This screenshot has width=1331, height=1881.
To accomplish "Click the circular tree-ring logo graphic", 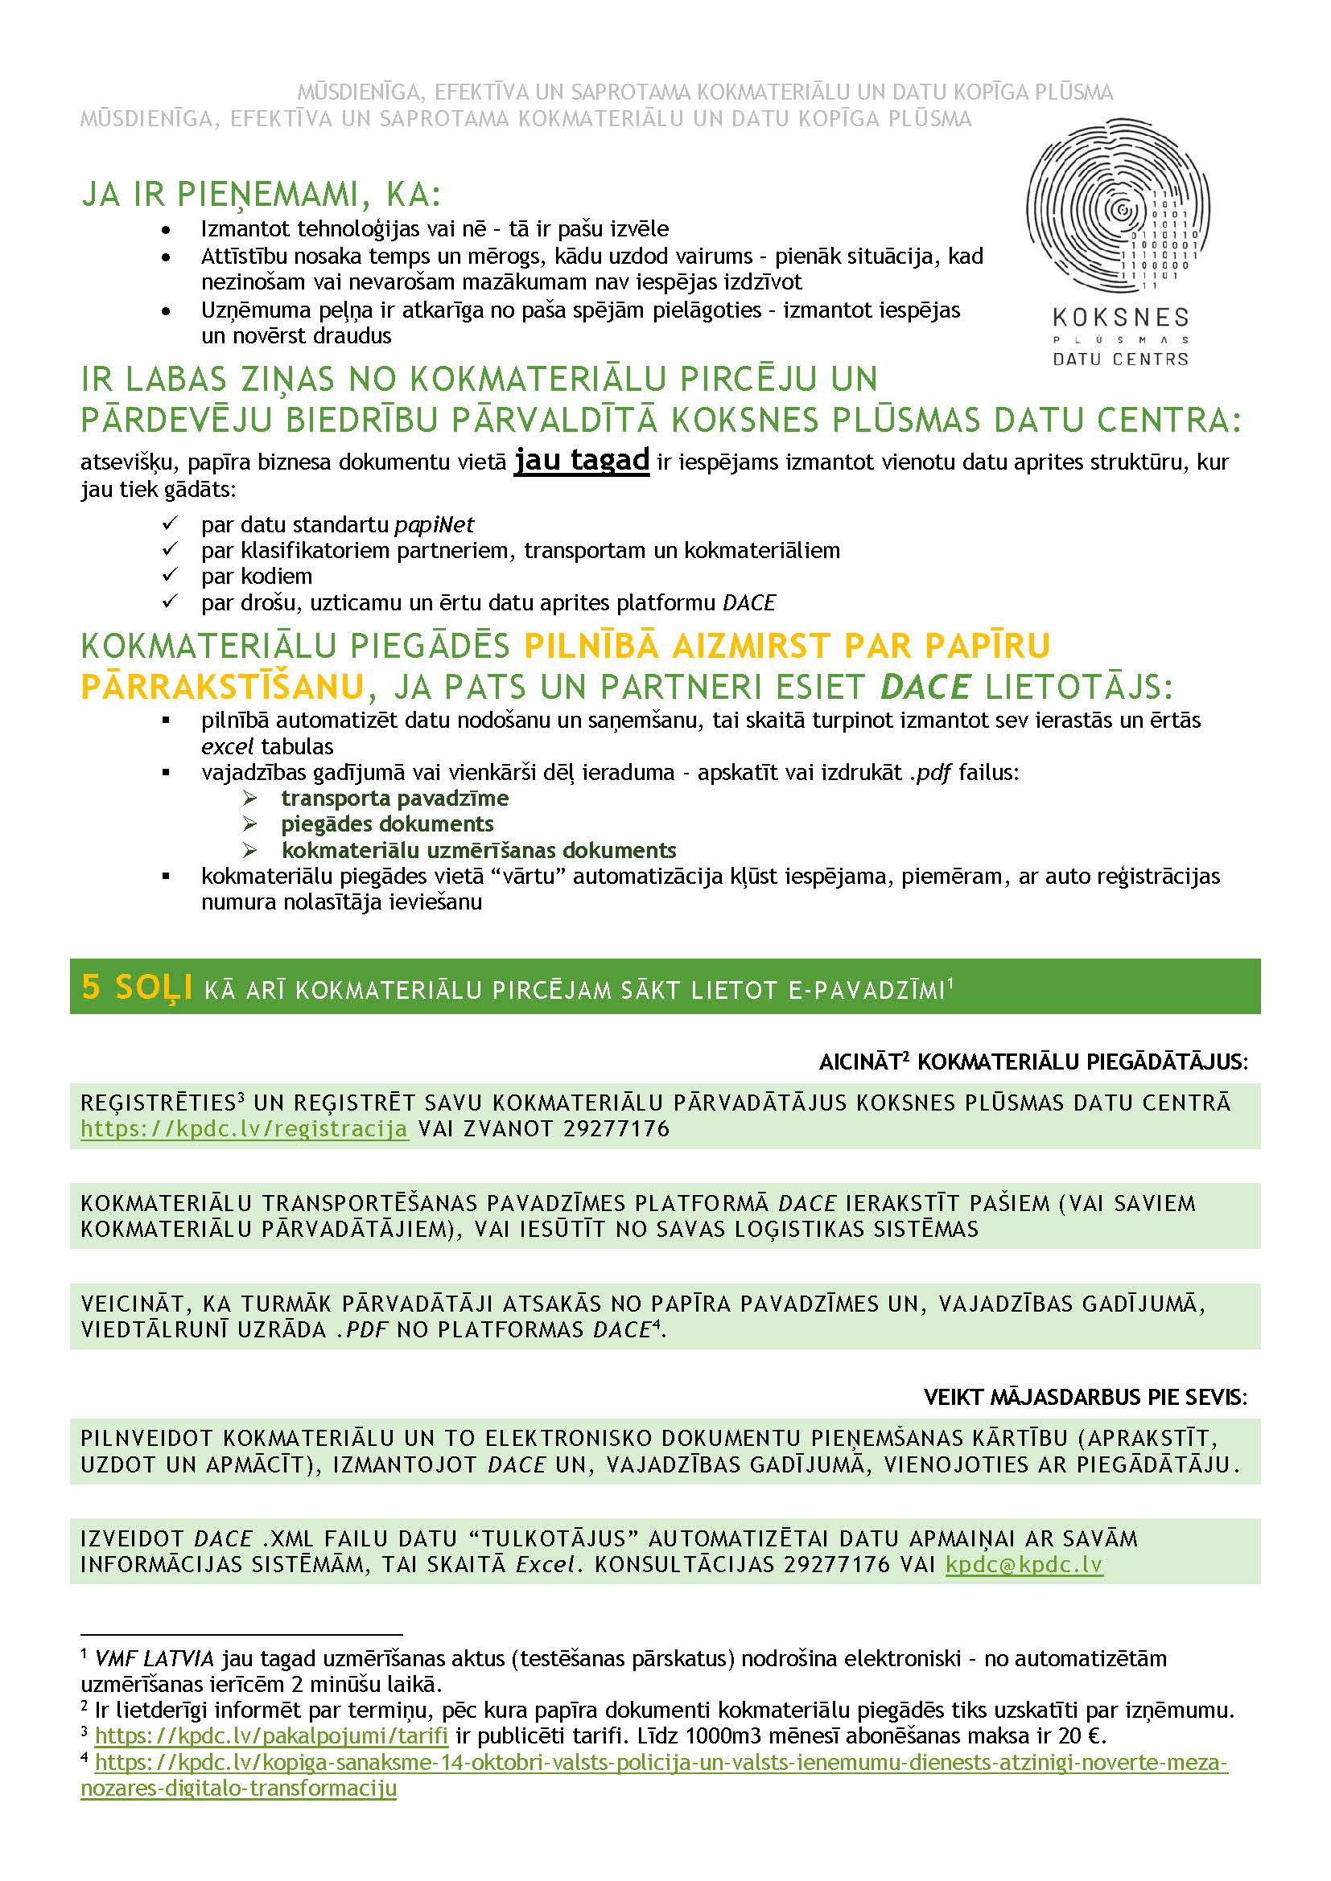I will [1118, 207].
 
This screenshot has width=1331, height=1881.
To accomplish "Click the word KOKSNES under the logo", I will [1120, 317].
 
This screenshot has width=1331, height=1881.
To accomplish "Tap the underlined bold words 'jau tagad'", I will [581, 461].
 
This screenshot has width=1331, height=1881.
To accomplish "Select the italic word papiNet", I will [434, 524].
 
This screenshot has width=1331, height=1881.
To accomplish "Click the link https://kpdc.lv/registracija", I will [245, 1129].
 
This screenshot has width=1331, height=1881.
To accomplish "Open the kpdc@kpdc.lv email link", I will [1024, 1564].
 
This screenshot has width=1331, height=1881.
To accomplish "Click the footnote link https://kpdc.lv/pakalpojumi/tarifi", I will [271, 1735].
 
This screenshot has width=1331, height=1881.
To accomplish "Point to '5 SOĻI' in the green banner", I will [137, 988].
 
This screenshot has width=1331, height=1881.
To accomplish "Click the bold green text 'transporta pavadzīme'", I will [395, 798].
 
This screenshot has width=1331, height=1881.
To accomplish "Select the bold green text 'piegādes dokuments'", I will [387, 823].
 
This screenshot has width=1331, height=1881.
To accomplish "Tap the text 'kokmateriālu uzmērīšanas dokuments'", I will [479, 849].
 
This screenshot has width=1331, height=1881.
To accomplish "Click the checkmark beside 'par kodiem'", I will [170, 575].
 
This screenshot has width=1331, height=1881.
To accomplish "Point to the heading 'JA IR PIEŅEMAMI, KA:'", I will [261, 194].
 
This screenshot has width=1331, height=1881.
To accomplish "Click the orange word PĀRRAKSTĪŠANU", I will [222, 687].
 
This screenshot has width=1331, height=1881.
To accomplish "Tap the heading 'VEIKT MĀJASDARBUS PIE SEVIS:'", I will [1085, 1397].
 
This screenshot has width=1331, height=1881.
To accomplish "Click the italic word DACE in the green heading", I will [925, 687].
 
